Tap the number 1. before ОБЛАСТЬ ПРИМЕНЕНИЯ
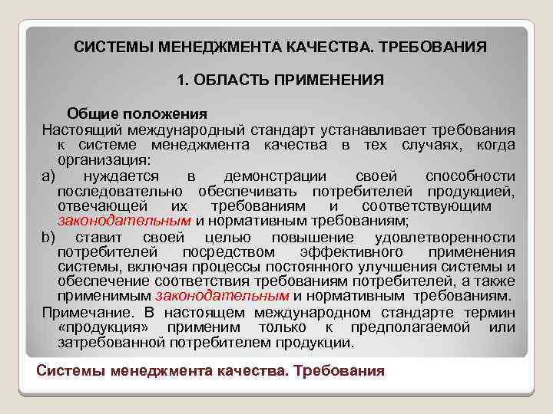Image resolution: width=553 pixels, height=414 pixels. coord(181,80)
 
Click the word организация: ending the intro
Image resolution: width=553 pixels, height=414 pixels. coord(104,160)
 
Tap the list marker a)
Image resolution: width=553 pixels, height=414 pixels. coord(49,176)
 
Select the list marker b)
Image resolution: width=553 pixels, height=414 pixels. coord(49,237)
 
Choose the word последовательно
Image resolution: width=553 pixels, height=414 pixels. coord(121,191)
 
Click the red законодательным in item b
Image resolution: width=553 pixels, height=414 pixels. coord(222,296)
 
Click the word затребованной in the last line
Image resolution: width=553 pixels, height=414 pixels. coord(106,343)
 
